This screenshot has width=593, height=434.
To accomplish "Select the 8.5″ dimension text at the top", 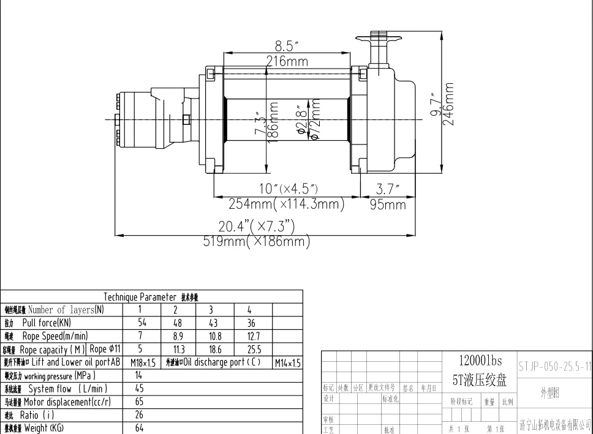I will (287, 47).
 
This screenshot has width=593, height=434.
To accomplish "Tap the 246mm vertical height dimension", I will (451, 104).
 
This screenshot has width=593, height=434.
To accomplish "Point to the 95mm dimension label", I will (388, 204).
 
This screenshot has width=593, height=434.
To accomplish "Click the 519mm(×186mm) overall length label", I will (257, 241).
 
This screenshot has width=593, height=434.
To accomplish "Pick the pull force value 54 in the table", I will (142, 323).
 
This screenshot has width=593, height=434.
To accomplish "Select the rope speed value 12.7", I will (254, 336).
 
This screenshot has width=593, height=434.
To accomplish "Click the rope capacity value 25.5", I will (254, 350).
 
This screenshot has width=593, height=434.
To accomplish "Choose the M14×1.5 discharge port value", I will (287, 363).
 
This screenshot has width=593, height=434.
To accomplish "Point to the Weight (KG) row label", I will (37, 428).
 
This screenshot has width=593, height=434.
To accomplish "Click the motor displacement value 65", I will (139, 402).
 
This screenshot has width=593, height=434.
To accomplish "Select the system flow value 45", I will (139, 389).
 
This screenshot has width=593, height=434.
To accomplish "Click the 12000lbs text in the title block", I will (480, 362).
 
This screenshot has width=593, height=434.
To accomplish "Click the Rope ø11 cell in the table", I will (105, 349).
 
